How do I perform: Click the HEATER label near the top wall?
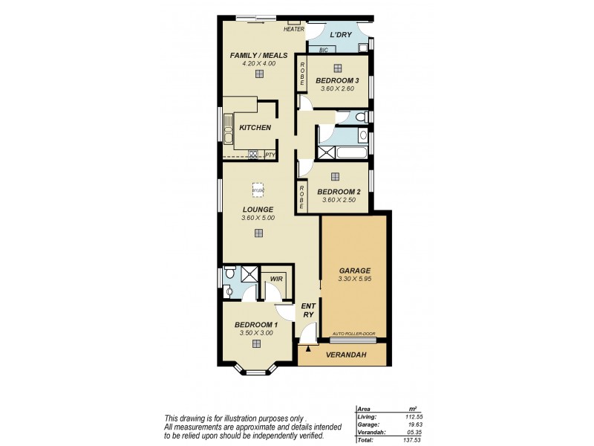pos(293,29)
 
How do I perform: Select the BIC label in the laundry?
pos(323,51)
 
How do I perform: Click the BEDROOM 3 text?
pos(338,80)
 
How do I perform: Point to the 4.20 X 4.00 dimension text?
pos(258,64)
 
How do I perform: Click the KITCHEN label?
pos(255,128)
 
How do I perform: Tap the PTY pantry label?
pos(269,155)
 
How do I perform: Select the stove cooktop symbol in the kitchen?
pos(253,155)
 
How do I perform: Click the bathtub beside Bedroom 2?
pos(342,153)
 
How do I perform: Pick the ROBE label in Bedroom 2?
pos(302,197)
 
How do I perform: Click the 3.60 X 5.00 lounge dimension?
pos(258,218)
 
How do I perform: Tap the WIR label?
pos(275,279)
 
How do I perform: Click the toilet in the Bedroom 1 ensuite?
pos(230,275)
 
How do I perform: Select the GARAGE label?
pos(353,271)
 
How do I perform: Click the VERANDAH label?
pos(344,355)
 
